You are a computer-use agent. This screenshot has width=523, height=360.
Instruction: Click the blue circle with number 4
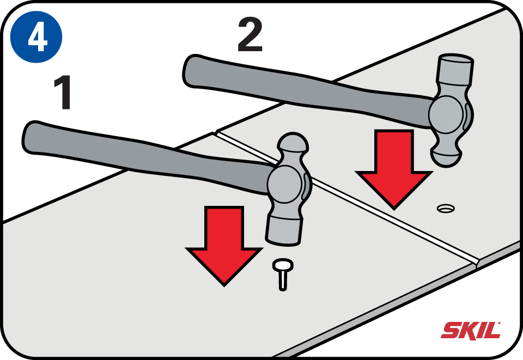[36, 37]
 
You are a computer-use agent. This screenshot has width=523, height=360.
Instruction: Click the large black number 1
[64, 94]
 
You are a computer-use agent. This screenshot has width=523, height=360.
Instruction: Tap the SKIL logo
[471, 330]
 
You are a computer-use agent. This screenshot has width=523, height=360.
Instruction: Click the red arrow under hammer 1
[224, 245]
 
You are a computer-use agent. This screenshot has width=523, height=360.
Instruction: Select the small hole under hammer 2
[446, 208]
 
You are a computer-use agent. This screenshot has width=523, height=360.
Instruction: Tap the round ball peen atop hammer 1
[294, 145]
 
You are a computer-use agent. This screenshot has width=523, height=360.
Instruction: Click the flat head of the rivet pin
[283, 266]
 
